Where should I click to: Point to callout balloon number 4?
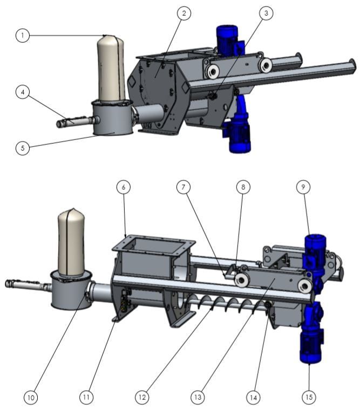(22, 92)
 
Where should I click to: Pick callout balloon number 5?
(22, 147)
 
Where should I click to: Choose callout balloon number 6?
(124, 187)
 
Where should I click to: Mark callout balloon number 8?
(243, 187)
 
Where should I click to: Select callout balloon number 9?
(303, 187)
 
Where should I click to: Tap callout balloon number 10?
(31, 397)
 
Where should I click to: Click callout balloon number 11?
(86, 397)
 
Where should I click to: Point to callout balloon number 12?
(142, 397)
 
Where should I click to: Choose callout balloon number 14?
(253, 397)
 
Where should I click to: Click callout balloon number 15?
(308, 397)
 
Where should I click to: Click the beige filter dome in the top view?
(111, 68)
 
